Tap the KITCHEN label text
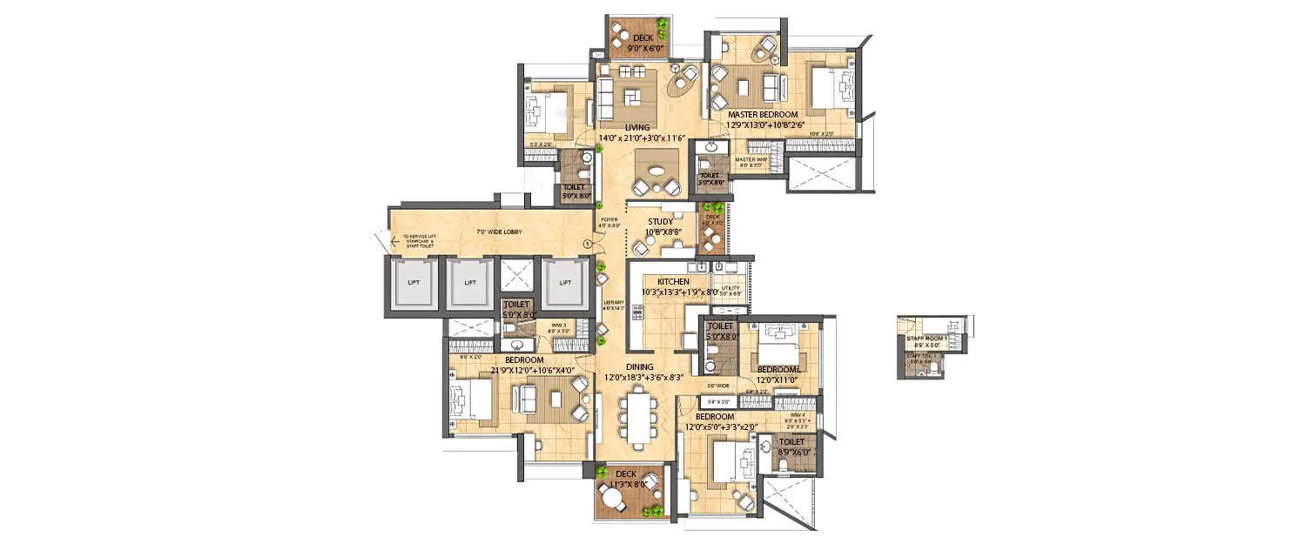tap(673, 282)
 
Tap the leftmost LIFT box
tap(413, 283)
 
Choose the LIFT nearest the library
tap(565, 283)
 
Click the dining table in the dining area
tap(640, 420)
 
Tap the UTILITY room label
tap(730, 288)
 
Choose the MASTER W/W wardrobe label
tap(750, 159)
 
